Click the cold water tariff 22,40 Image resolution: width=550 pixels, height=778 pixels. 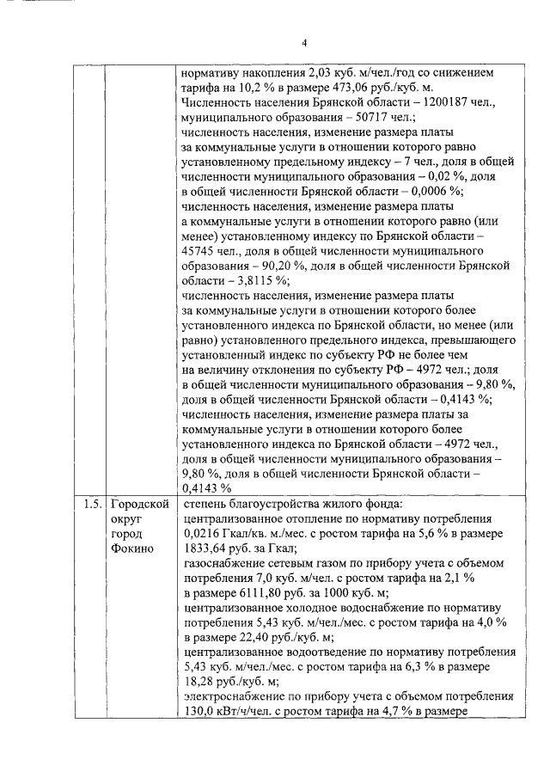coord(248,636)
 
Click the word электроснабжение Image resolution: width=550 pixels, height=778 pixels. coord(234,695)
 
